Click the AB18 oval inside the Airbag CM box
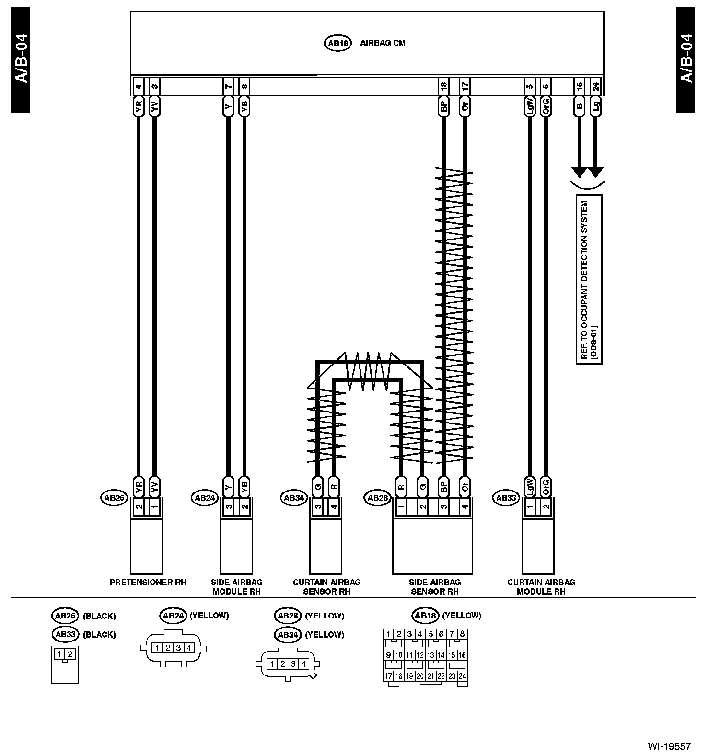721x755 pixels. coord(338,43)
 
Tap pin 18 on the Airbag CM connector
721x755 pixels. coord(444,87)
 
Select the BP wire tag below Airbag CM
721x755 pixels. coord(444,106)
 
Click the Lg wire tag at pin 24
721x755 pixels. coord(595,106)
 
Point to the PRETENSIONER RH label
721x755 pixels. coord(148,582)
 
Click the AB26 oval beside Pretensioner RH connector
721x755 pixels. coord(114,498)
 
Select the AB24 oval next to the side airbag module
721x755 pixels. coord(205,498)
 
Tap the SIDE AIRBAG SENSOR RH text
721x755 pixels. coord(435,586)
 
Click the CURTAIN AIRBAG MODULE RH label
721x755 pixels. coord(541,586)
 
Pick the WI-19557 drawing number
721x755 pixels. coord(669,746)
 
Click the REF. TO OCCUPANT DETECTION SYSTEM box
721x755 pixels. coord(589,279)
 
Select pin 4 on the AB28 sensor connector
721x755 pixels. coord(464,507)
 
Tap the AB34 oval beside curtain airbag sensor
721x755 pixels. coord(293,498)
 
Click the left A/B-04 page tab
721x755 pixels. coord(20,60)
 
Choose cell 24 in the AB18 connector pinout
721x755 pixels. coord(462,676)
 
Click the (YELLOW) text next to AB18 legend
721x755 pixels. coord(461,616)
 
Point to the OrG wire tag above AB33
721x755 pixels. coord(546,487)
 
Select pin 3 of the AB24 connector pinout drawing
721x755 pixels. coord(178,648)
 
